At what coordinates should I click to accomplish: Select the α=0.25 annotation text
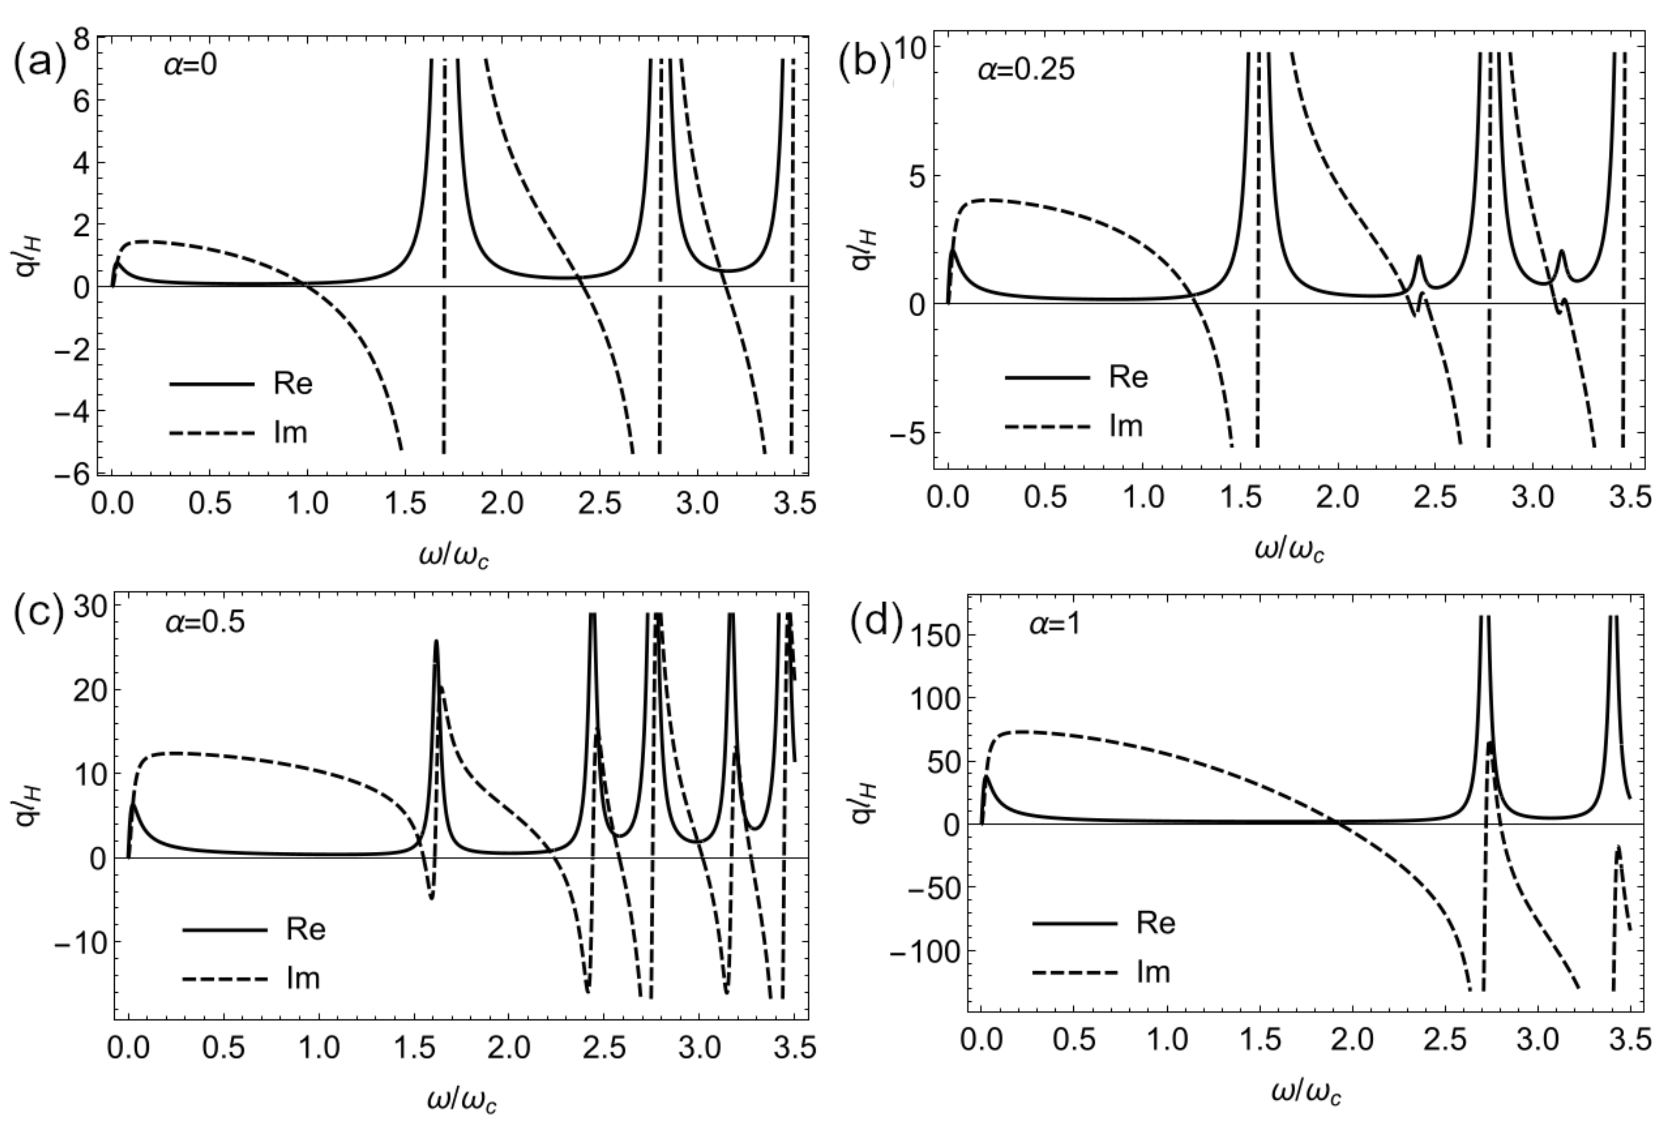coord(1026,70)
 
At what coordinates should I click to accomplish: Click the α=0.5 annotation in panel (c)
coord(205,622)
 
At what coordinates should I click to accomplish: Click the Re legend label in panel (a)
coord(293,384)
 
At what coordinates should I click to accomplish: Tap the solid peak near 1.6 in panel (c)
coord(436,643)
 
